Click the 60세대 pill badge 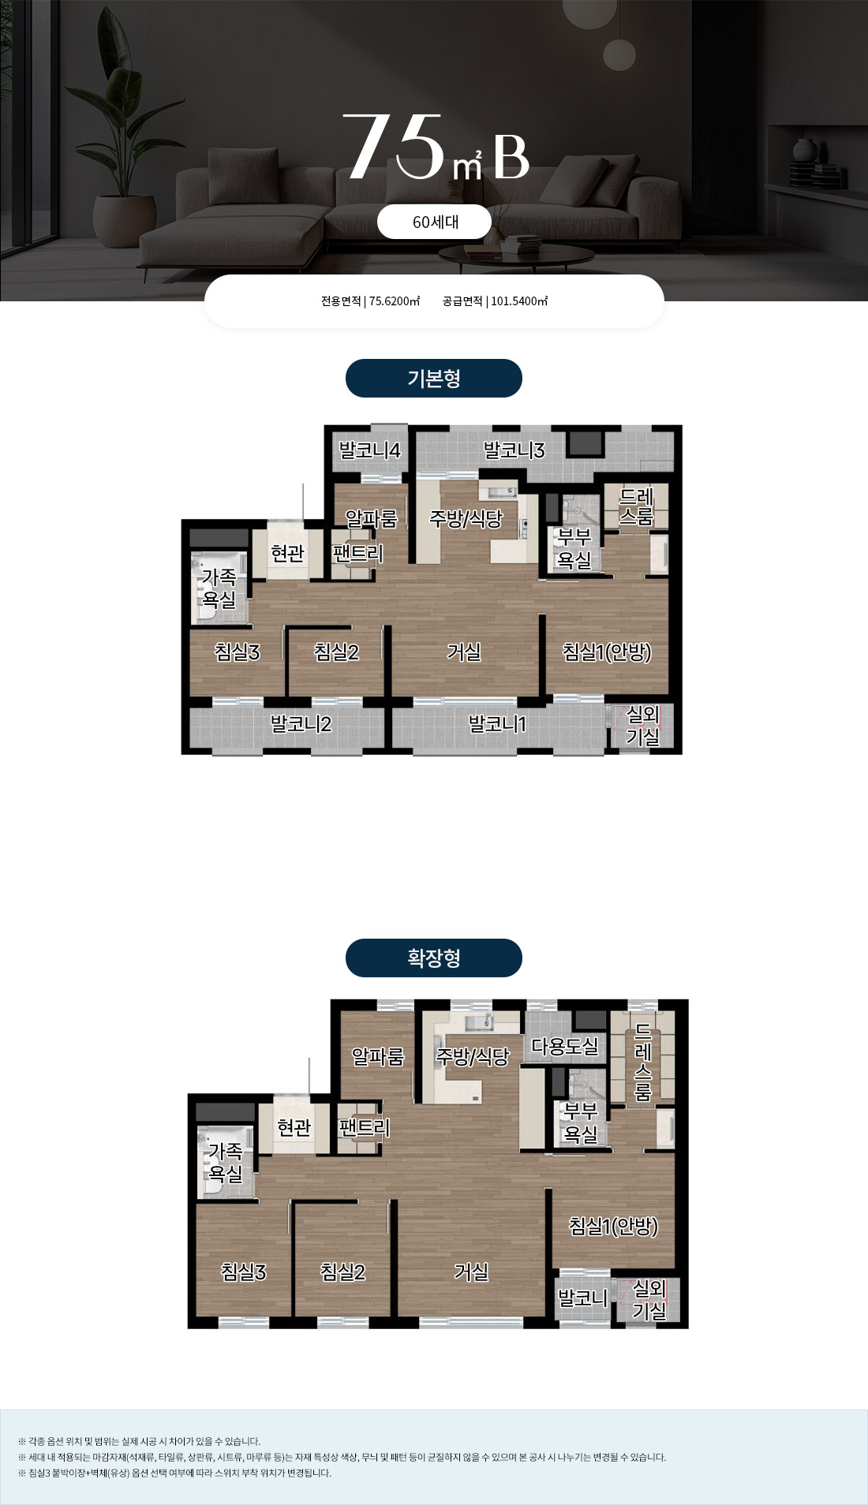point(434,222)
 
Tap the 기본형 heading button point(434,379)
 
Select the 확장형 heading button point(434,958)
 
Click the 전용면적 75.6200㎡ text point(371,301)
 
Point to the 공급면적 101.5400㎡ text point(496,301)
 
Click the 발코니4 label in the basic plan point(370,450)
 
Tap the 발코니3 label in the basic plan point(514,450)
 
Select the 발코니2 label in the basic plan point(301,724)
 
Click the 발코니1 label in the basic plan point(497,724)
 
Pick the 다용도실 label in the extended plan point(565,1047)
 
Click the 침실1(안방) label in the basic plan point(607,652)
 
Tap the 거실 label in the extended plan point(471,1272)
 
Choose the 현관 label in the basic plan point(288,554)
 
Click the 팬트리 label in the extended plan point(364,1128)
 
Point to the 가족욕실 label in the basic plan point(219,588)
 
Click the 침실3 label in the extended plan point(244,1272)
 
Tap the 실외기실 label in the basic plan point(643,726)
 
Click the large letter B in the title point(511,157)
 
